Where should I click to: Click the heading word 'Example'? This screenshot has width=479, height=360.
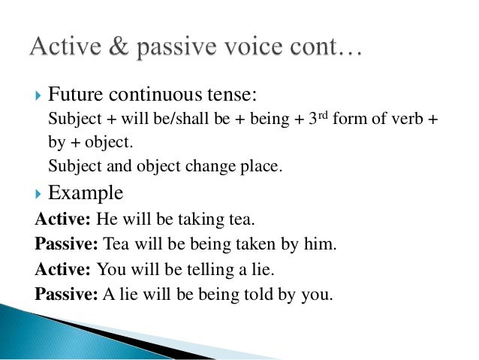point(86,193)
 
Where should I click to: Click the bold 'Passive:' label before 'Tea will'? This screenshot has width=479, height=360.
point(66,244)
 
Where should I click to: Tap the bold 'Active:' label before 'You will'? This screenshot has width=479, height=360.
point(60,268)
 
